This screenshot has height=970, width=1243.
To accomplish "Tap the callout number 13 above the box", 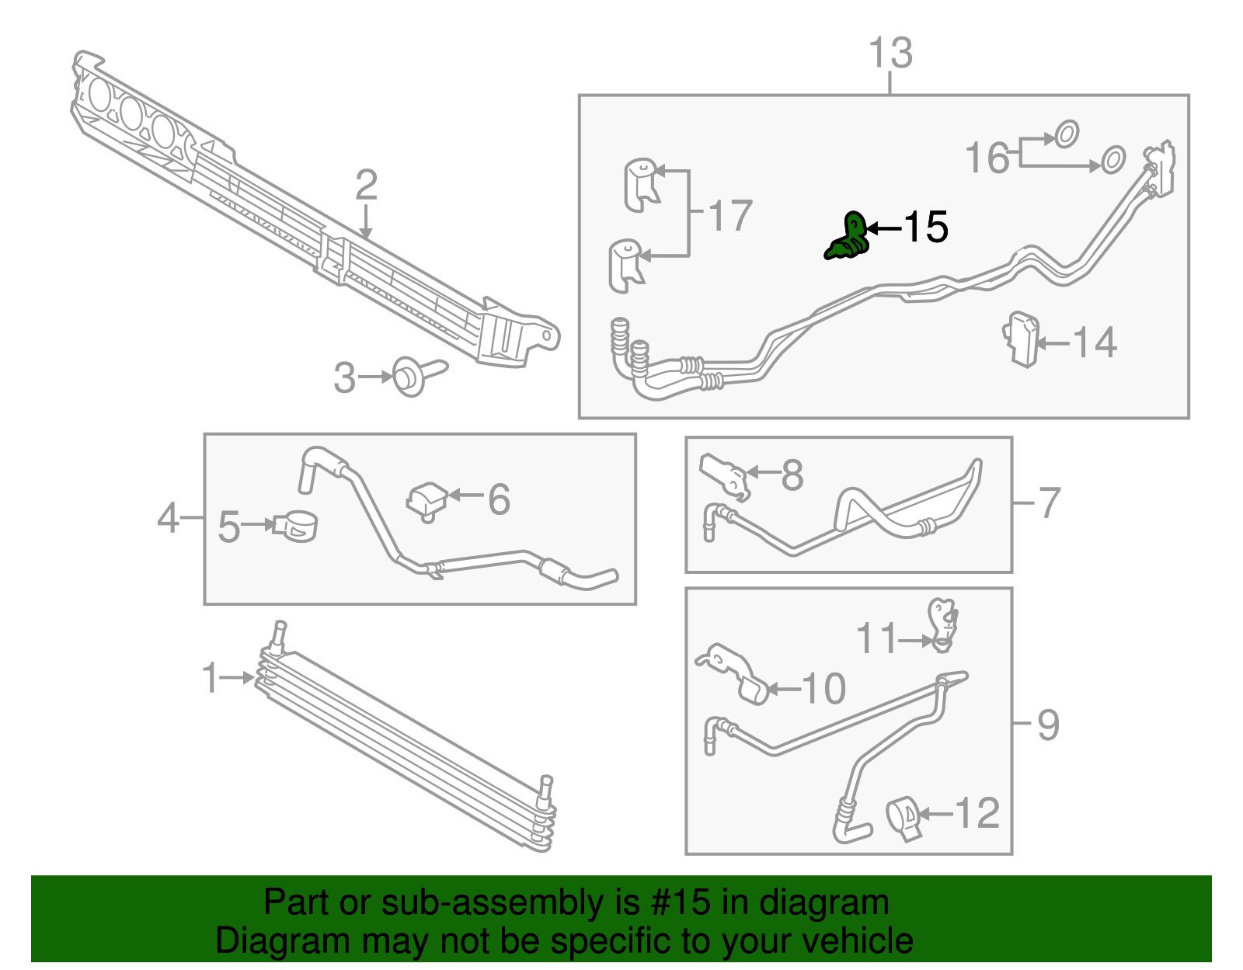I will click(890, 54).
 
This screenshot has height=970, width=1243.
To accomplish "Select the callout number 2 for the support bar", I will click(366, 186).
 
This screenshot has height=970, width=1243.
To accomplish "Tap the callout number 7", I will click(1049, 502).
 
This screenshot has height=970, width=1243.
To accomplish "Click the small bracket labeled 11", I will click(944, 624).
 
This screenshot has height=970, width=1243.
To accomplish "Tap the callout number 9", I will click(1048, 725).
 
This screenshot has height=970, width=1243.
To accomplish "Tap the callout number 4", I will click(168, 517).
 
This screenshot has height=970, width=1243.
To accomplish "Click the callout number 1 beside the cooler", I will click(211, 678).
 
